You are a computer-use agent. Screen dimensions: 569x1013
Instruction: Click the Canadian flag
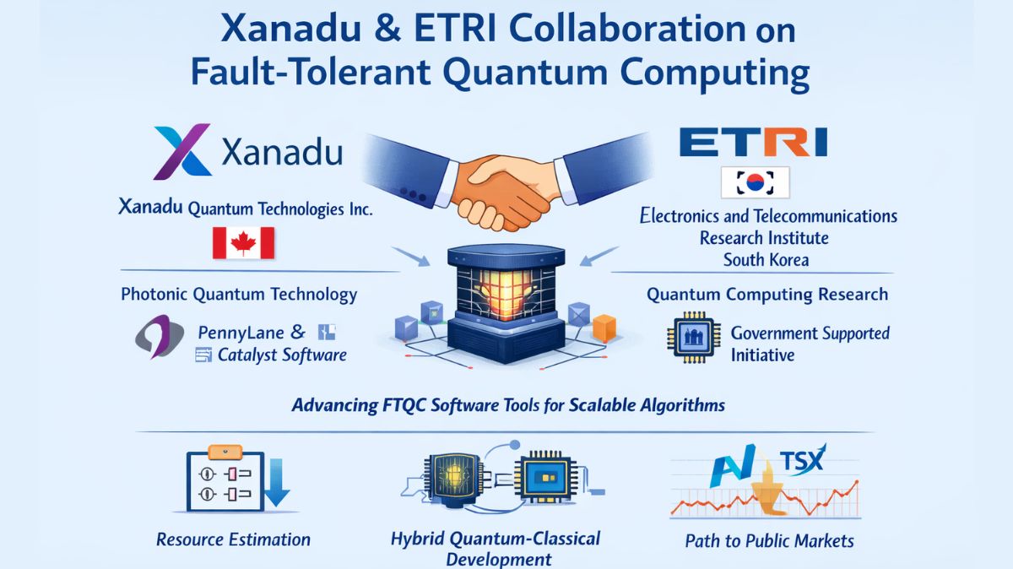(243, 243)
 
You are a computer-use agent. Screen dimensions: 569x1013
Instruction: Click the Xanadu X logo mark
(181, 152)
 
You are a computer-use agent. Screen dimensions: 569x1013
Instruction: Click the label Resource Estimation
(233, 539)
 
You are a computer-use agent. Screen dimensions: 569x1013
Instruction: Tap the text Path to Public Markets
(769, 540)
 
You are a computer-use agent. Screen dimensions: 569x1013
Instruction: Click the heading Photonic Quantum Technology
(239, 295)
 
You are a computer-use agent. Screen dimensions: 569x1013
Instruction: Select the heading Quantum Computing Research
(767, 295)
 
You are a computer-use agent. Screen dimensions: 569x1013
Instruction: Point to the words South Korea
(766, 259)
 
